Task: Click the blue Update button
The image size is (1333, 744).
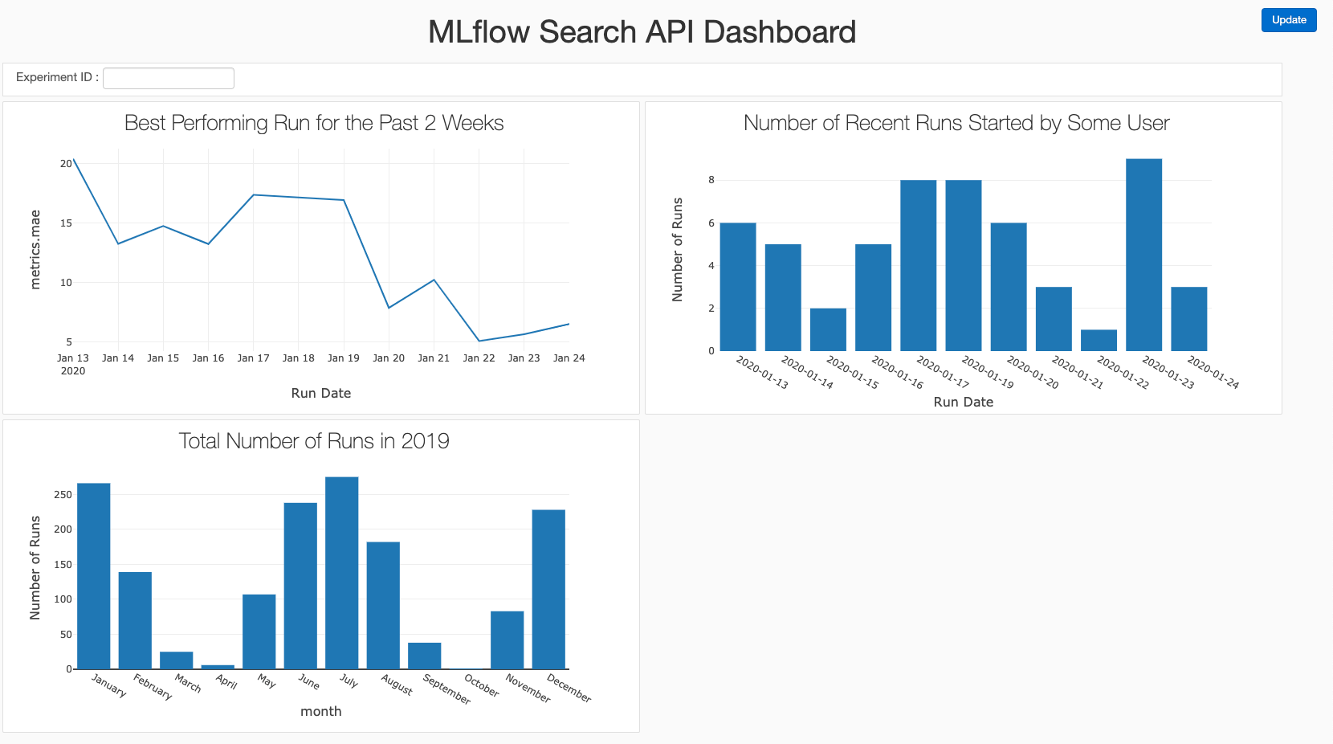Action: click(1288, 20)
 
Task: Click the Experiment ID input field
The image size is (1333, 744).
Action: click(169, 78)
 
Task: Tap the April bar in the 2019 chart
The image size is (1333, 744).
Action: click(218, 666)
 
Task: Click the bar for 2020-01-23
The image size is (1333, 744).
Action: click(1143, 255)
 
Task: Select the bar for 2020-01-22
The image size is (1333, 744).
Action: click(1099, 341)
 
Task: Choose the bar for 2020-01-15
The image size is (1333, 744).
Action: click(828, 329)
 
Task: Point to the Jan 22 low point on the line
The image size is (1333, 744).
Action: click(479, 341)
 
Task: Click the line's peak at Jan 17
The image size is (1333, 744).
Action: click(254, 194)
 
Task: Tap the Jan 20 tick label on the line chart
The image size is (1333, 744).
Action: click(389, 358)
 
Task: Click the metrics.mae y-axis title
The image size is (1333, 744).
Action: click(35, 250)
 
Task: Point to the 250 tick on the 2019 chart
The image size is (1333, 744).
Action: click(63, 495)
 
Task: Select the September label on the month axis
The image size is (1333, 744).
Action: click(446, 689)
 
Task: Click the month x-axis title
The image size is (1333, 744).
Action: click(320, 711)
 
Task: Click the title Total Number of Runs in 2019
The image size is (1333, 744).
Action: click(313, 441)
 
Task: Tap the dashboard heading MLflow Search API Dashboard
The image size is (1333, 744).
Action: click(642, 32)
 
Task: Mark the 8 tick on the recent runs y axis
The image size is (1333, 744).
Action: click(711, 180)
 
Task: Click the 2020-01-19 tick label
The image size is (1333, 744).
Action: click(987, 372)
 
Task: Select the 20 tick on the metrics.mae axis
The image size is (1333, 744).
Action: click(66, 163)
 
